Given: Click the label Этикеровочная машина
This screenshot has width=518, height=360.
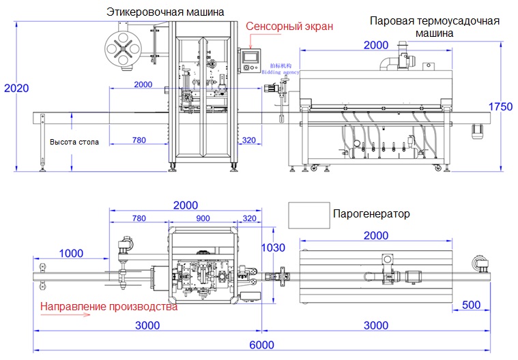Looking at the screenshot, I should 165,12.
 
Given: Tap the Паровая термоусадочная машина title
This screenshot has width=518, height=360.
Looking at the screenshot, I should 434,27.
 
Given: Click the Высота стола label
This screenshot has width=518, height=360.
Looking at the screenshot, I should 74,142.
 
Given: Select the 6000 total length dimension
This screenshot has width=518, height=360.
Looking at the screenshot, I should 260,345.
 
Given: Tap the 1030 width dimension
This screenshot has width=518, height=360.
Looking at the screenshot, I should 272,247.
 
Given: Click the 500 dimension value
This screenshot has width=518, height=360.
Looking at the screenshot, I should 472,304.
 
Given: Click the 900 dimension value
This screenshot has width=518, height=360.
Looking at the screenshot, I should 203,219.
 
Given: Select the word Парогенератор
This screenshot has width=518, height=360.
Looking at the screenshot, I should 371,214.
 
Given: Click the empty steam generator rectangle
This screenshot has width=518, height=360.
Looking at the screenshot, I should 307,215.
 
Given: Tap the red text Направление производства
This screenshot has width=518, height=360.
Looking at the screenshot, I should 109,307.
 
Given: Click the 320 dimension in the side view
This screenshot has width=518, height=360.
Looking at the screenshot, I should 248,140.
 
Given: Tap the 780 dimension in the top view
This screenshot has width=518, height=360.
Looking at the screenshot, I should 139,219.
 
